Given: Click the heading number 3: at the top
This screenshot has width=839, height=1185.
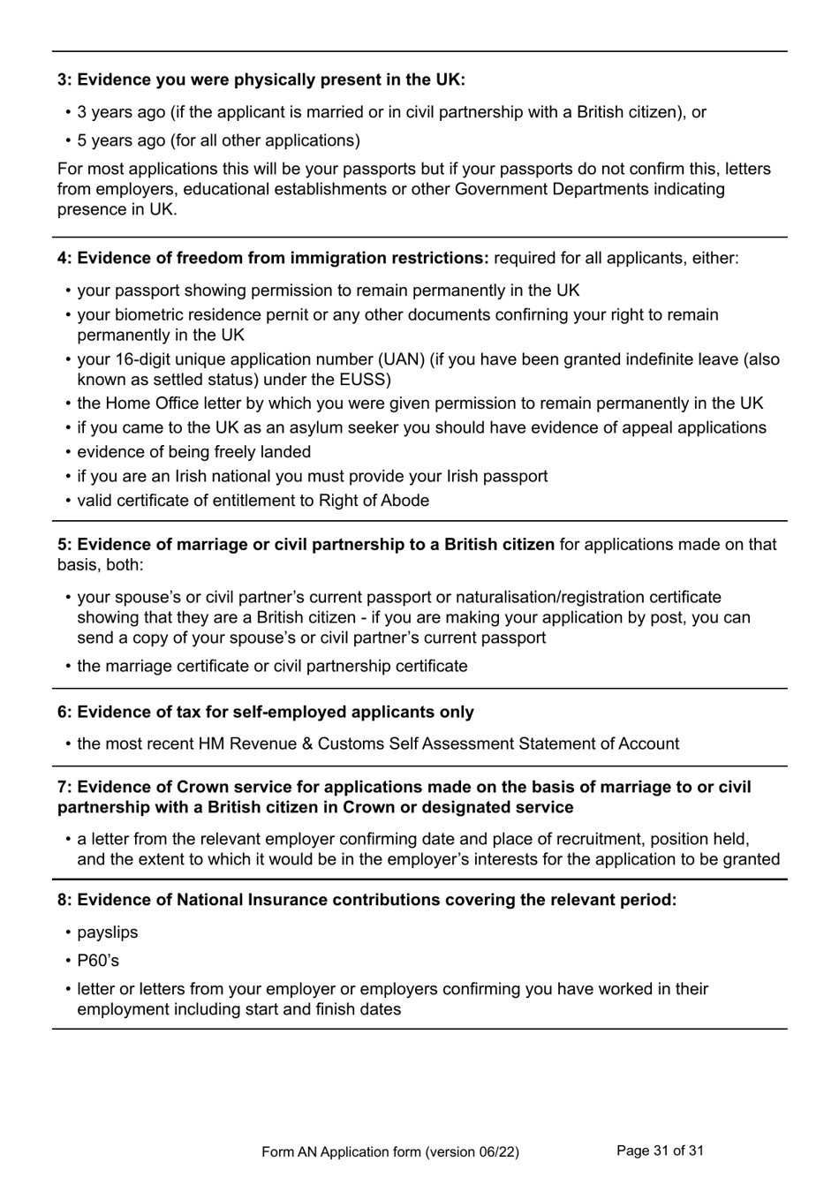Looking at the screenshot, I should click(x=65, y=80).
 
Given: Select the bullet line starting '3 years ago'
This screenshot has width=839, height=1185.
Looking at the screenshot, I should click(x=391, y=112).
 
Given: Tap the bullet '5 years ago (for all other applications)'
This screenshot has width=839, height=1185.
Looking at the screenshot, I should click(x=218, y=140).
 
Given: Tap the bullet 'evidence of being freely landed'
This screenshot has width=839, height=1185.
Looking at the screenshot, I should click(x=193, y=452).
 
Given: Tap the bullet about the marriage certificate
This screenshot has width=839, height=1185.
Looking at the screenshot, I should click(x=272, y=667).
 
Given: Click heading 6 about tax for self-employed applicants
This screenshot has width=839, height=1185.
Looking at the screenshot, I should click(x=266, y=713).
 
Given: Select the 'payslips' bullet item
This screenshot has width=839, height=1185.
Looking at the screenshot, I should click(x=107, y=932).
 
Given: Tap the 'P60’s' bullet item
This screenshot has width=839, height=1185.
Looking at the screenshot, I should click(x=97, y=961).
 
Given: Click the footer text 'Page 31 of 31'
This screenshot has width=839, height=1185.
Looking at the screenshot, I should click(x=660, y=1151).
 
